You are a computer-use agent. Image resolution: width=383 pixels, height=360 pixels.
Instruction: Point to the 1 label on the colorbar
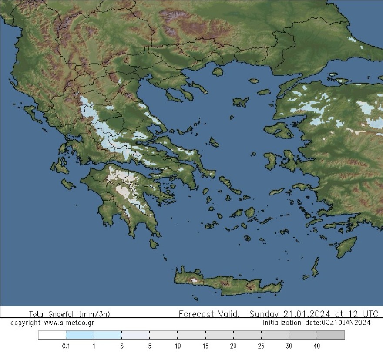[x=94, y=346]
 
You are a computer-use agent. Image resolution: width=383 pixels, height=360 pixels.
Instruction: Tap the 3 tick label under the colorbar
[x=121, y=346]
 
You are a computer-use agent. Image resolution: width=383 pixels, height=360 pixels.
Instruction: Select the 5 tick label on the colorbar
[x=149, y=346]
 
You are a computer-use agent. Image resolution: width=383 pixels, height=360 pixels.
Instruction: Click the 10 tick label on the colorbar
[x=177, y=346]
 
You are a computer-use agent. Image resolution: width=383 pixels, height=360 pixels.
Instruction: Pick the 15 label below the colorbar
[x=205, y=346]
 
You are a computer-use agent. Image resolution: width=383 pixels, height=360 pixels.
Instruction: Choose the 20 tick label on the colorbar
[x=233, y=346]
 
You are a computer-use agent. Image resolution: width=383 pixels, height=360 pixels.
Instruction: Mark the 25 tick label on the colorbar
[x=261, y=346]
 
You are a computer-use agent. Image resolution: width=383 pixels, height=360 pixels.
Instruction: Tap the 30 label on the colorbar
[x=289, y=346]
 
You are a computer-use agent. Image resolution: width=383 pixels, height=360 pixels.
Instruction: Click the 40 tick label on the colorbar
[x=316, y=346]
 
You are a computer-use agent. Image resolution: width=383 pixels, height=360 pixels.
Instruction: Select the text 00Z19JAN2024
[x=346, y=323]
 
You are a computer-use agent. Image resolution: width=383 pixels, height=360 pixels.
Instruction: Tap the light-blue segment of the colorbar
[x=94, y=335]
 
